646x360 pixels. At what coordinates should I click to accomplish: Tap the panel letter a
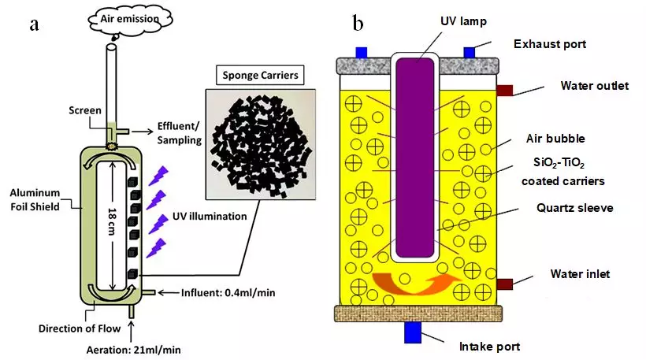click(35, 24)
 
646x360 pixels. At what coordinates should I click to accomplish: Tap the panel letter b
click(358, 24)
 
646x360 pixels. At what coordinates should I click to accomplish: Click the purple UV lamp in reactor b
click(417, 158)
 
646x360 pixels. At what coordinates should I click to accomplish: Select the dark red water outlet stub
click(504, 90)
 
